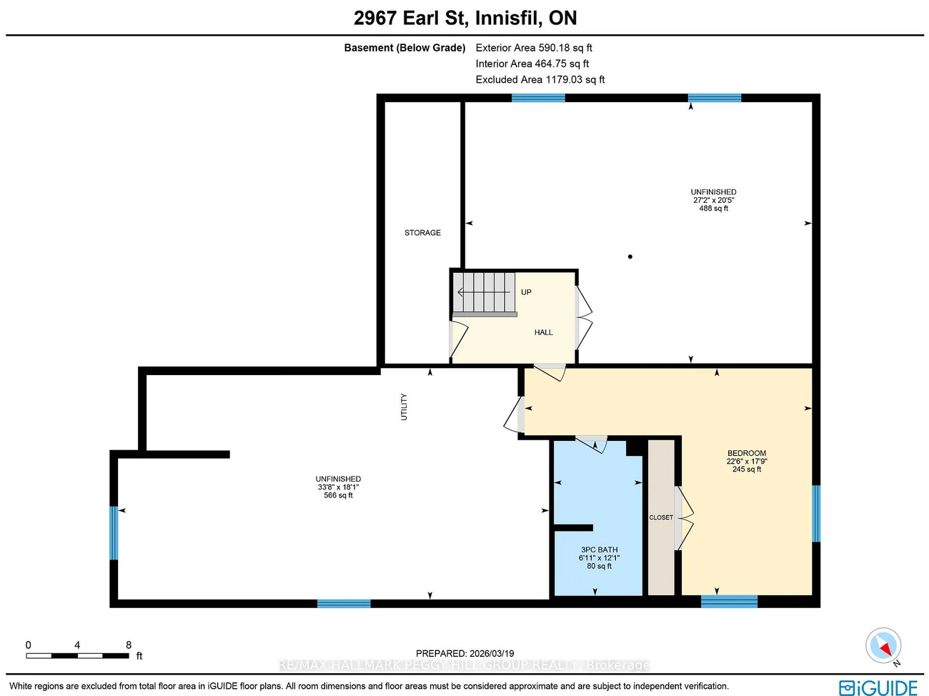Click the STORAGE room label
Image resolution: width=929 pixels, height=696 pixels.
point(422,233)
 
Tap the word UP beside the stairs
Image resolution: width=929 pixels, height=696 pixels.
point(526,292)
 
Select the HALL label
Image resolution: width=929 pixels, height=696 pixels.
point(543,332)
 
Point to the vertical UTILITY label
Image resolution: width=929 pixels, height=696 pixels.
point(404,407)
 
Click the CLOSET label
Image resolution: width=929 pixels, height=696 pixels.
point(661,517)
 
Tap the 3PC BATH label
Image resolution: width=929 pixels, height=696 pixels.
point(600,550)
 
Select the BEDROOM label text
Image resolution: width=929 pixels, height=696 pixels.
point(747,453)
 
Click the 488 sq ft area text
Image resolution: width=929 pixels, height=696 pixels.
point(714,209)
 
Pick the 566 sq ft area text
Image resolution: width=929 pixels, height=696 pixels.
point(338,495)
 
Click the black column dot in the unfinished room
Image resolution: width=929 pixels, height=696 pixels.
point(630,257)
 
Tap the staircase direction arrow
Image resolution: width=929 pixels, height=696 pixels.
point(484,292)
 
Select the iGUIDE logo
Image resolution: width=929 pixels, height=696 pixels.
point(878,688)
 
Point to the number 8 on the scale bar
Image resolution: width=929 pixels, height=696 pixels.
point(129,645)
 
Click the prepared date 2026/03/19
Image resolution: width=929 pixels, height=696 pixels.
point(492,654)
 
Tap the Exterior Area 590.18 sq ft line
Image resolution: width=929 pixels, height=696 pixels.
point(534,48)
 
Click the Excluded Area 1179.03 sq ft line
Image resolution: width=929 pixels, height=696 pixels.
point(540,79)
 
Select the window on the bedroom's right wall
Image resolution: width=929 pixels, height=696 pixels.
point(816,514)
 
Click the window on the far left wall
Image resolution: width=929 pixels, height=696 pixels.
point(114,533)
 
